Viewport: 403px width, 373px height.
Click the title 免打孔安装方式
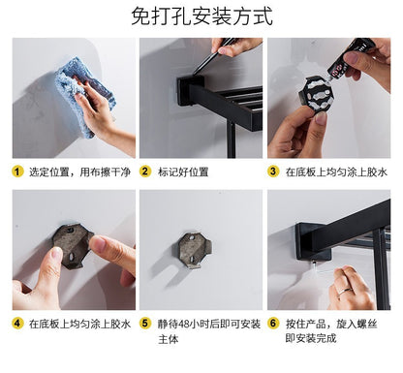[x=202, y=16]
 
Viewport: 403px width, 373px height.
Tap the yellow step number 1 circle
[x=17, y=171]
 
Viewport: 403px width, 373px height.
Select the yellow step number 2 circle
[x=145, y=171]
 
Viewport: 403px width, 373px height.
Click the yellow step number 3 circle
[x=273, y=171]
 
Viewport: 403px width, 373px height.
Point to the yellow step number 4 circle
[x=17, y=324]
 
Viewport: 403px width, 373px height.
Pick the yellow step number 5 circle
[x=145, y=324]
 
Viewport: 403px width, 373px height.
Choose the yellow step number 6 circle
[x=273, y=324]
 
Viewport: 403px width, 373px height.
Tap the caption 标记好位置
[x=183, y=171]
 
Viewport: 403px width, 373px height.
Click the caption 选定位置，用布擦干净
[x=79, y=171]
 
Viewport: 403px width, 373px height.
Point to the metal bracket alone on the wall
[x=195, y=250]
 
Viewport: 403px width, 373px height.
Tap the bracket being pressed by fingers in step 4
[x=74, y=245]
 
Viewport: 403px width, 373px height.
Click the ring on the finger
[x=345, y=293]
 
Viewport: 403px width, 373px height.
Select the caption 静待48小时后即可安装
[x=209, y=324]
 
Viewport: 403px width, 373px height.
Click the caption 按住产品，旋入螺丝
[x=331, y=324]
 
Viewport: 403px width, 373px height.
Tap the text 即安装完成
[x=311, y=338]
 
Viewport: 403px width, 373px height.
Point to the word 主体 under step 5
[x=168, y=339]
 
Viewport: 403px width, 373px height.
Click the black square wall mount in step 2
[x=190, y=90]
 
